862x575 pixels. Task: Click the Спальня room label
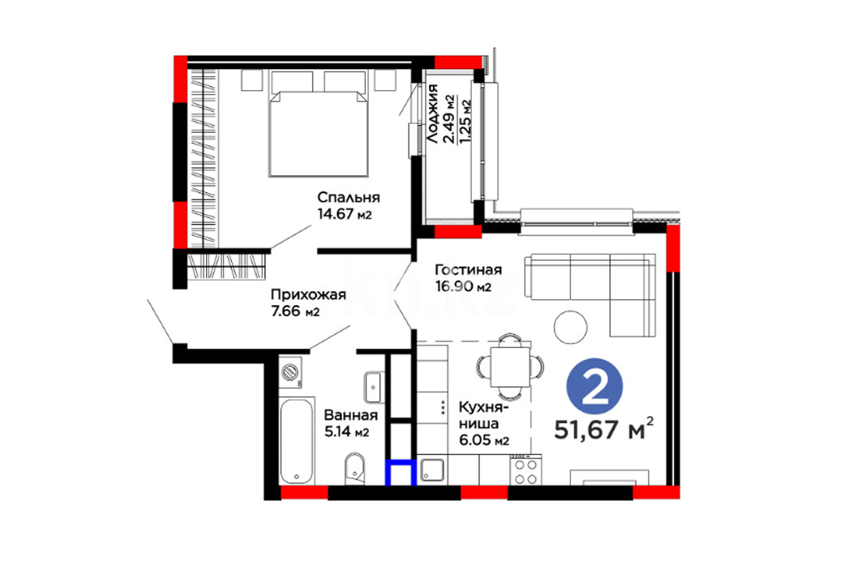349,198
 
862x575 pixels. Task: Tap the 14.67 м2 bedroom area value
345,214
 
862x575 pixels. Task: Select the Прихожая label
308,294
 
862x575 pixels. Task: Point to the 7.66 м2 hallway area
295,311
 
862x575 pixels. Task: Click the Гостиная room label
469,270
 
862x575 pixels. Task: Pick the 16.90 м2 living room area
463,286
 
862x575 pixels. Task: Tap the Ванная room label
351,415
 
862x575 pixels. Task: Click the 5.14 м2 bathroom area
346,432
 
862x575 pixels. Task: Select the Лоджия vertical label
433,114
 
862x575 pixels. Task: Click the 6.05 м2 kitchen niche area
484,440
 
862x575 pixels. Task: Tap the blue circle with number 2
594,386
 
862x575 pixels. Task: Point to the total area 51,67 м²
604,429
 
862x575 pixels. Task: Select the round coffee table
571,328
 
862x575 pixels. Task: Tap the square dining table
511,367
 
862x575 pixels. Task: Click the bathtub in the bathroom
297,441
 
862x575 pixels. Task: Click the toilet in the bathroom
354,469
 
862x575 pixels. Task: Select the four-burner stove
525,470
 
